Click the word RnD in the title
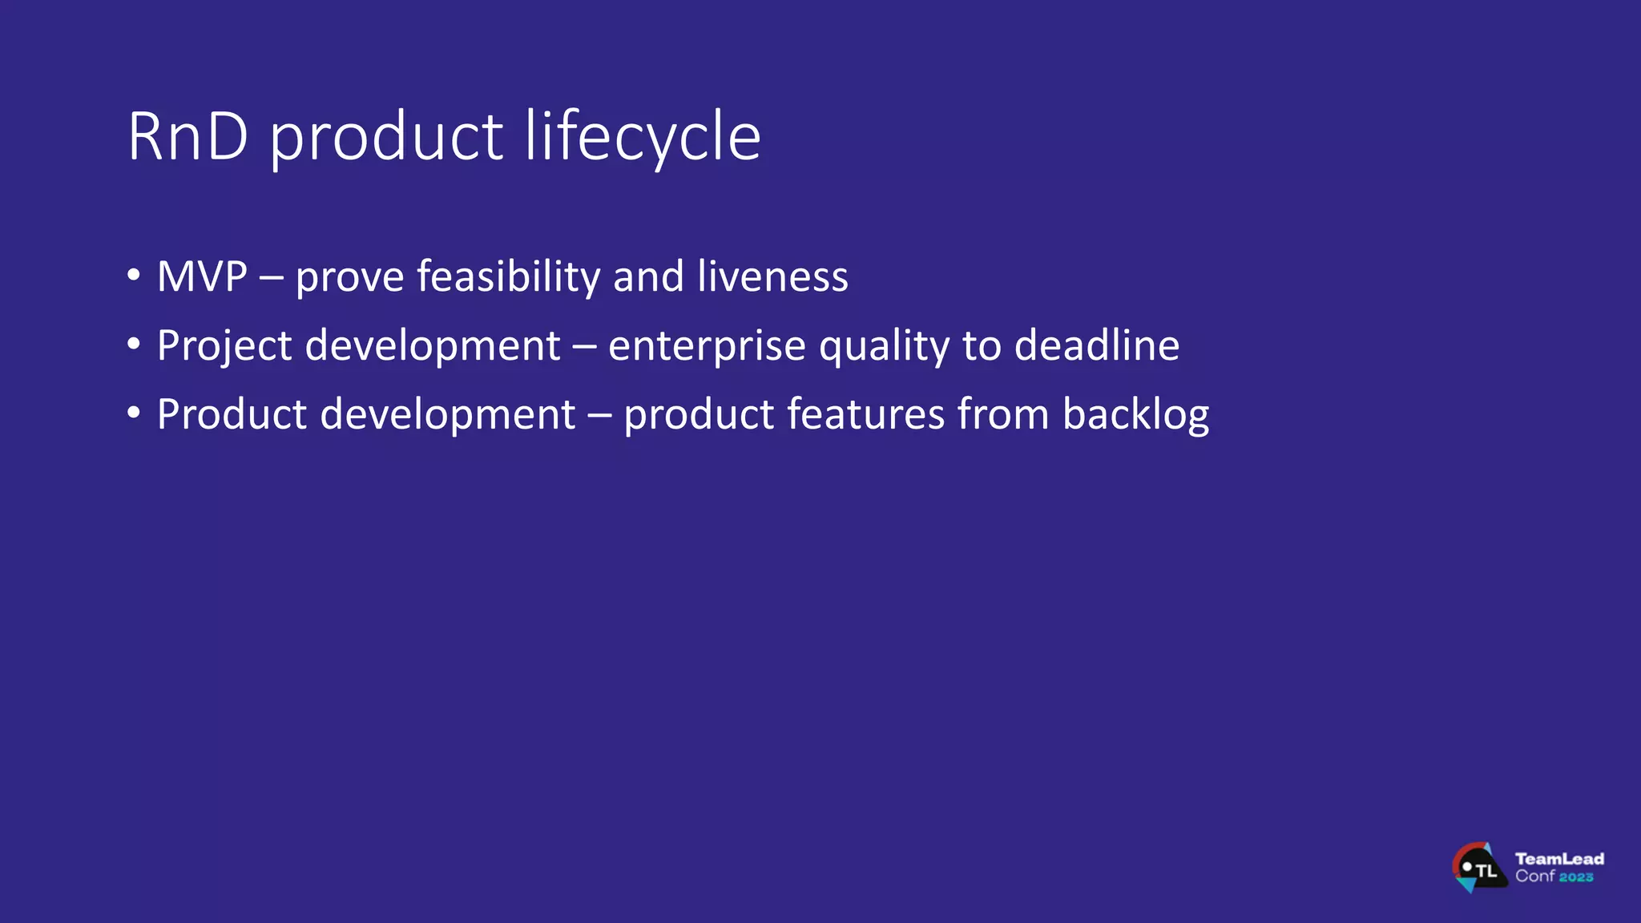tap(187, 138)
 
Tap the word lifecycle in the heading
tap(643, 138)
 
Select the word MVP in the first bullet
tap(202, 277)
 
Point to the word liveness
tap(772, 277)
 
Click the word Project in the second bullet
tap(224, 346)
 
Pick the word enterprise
tap(706, 346)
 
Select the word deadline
tap(1097, 346)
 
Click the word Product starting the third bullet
tap(232, 415)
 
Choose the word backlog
tap(1135, 415)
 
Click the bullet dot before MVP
tap(134, 276)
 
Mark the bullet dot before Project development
tap(134, 345)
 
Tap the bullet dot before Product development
tap(134, 413)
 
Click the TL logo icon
tap(1478, 868)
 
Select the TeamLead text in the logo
tap(1559, 859)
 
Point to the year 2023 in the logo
tap(1576, 877)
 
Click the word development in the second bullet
tap(433, 346)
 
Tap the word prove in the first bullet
tap(349, 277)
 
